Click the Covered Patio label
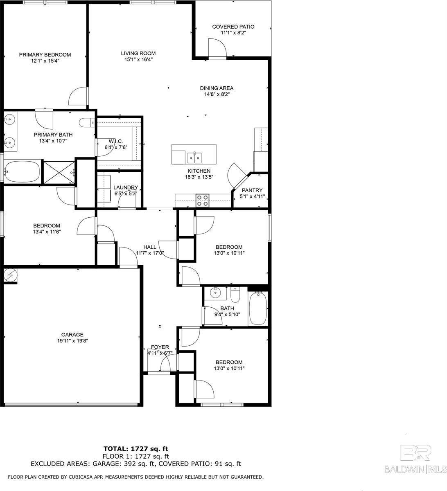click(233, 27)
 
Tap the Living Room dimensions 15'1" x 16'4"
click(138, 59)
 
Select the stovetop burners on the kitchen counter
click(203, 200)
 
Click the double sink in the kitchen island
click(195, 158)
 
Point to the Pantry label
click(252, 190)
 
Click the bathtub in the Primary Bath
click(22, 171)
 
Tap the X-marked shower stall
click(59, 172)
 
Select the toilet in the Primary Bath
click(87, 122)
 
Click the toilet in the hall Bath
click(235, 295)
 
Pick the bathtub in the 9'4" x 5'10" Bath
click(257, 308)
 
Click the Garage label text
click(72, 334)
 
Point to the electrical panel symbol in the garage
click(11, 275)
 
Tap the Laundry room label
click(126, 187)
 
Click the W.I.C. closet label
click(115, 141)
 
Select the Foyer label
click(160, 347)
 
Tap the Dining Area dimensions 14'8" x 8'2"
click(217, 94)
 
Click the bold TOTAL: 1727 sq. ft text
click(135, 449)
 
